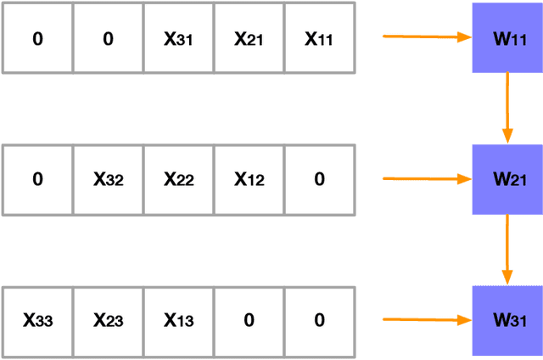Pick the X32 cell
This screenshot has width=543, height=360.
108,180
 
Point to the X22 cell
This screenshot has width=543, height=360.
178,180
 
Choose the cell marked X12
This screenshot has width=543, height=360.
249,180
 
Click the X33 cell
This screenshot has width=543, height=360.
37,321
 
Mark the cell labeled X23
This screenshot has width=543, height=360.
108,321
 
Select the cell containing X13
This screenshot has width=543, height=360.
178,321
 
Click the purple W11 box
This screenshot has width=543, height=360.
507,38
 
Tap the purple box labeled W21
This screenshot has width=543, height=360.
507,179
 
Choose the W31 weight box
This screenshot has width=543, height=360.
507,320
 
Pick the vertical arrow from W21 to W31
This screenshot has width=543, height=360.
507,249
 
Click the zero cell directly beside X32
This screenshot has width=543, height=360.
37,180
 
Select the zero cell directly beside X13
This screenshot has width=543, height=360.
249,321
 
